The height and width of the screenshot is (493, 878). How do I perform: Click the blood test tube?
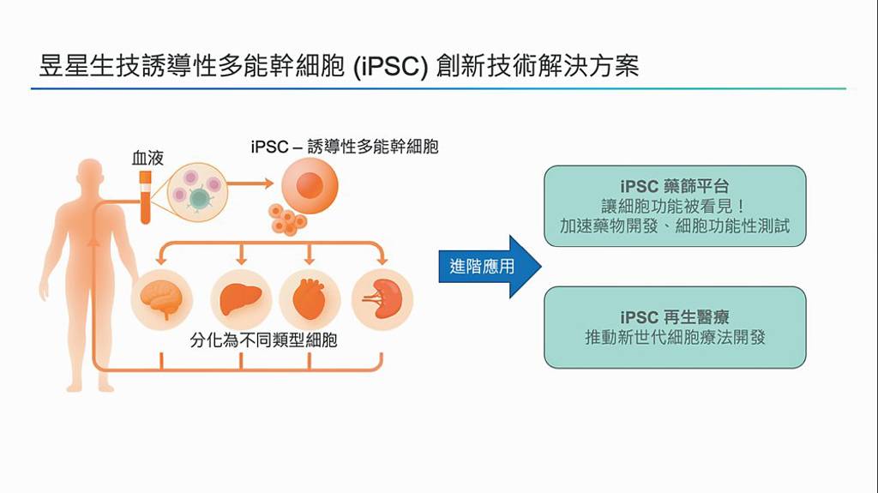tap(146, 197)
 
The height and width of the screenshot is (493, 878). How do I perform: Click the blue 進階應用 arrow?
tap(490, 267)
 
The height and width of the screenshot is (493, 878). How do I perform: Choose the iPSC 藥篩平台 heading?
tap(675, 186)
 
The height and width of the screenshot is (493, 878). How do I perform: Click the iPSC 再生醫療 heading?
tap(675, 317)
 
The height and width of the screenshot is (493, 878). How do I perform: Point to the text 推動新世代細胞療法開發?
tap(675, 338)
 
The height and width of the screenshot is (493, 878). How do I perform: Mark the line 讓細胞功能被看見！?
tap(675, 207)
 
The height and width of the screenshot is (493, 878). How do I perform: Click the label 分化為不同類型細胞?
tap(263, 340)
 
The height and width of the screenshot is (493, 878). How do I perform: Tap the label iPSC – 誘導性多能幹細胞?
tap(345, 147)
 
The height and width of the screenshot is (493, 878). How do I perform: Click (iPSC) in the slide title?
tap(389, 67)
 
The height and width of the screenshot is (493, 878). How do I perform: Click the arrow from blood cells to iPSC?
tap(251, 184)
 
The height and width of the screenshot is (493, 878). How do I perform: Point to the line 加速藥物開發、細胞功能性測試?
tap(675, 227)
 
